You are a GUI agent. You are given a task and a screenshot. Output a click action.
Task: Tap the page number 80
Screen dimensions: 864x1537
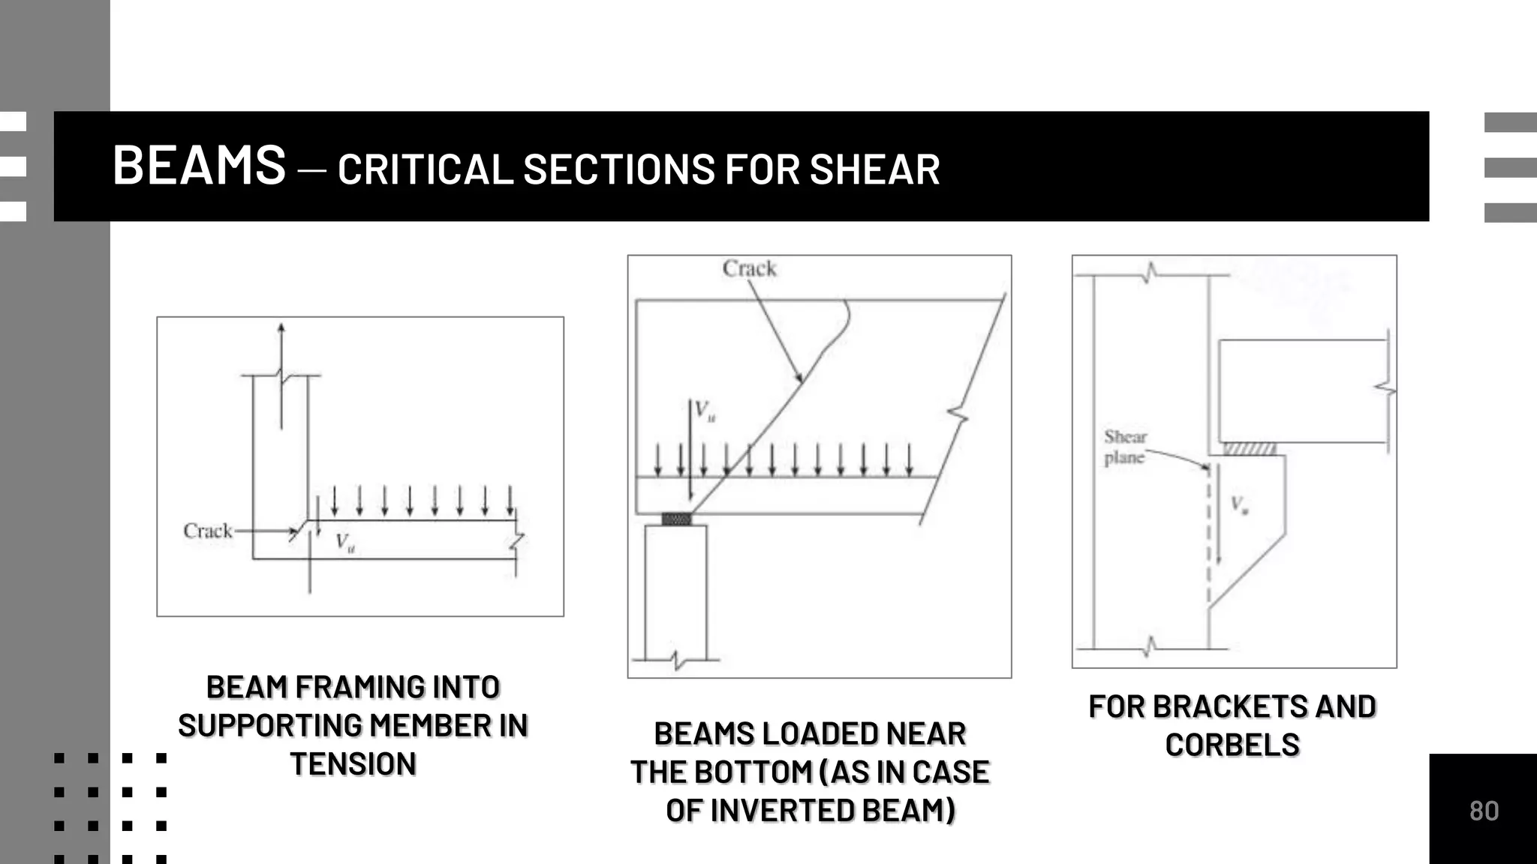point(1484,811)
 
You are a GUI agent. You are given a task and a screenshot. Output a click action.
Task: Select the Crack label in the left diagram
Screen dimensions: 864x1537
point(208,531)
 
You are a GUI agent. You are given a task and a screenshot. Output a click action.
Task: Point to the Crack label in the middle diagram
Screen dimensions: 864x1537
point(749,268)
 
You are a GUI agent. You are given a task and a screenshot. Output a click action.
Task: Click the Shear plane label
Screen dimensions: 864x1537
point(1125,447)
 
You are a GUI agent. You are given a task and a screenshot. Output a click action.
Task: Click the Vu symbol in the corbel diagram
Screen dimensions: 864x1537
point(1239,505)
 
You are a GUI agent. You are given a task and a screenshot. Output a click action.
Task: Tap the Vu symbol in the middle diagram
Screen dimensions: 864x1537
point(705,410)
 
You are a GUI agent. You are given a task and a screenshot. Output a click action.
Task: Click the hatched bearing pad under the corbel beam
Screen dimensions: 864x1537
point(1249,448)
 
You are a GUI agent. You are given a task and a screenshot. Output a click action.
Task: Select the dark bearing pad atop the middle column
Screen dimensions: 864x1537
point(676,519)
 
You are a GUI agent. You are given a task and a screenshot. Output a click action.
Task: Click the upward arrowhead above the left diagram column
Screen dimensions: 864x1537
point(281,328)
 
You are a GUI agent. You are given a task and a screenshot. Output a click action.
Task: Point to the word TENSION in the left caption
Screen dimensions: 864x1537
point(353,764)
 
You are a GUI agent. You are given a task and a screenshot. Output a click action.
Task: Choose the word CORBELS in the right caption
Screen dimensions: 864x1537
point(1232,745)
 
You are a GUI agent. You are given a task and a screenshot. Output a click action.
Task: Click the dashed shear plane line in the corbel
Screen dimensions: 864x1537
point(1209,540)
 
